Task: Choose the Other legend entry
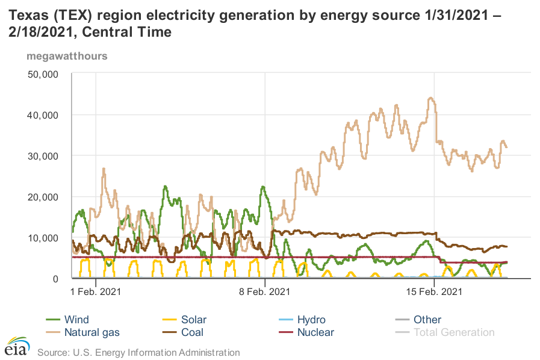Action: click(x=427, y=320)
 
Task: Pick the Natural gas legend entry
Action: click(x=92, y=332)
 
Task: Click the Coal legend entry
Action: click(x=193, y=332)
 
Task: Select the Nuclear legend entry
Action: click(x=315, y=332)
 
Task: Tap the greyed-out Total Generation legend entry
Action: click(x=454, y=332)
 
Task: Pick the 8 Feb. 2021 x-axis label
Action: click(x=265, y=292)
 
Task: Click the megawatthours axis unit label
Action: click(x=66, y=56)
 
